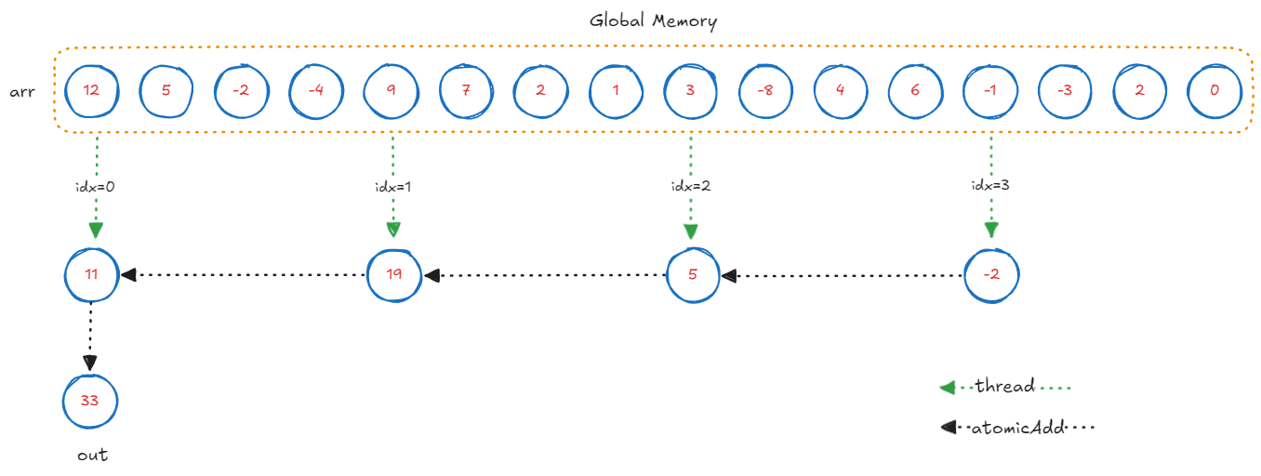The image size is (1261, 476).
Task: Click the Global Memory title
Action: [x=653, y=20]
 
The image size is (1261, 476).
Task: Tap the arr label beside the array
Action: [x=23, y=92]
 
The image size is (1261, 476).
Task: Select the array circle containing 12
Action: [x=91, y=91]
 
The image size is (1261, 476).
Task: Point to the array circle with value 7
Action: [x=466, y=91]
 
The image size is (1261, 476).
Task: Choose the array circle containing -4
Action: [x=316, y=91]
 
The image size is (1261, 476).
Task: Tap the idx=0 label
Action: [x=95, y=186]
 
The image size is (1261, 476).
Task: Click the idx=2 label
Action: [x=691, y=186]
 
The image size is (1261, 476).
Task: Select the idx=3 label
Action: [x=991, y=186]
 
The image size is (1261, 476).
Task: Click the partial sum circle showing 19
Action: [x=393, y=275]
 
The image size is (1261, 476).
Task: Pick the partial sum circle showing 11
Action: [x=91, y=275]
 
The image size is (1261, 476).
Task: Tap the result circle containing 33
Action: [x=91, y=403]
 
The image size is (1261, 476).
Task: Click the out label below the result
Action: [x=92, y=455]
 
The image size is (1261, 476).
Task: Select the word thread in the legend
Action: [x=1003, y=386]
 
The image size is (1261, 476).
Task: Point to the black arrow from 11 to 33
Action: [x=90, y=337]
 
